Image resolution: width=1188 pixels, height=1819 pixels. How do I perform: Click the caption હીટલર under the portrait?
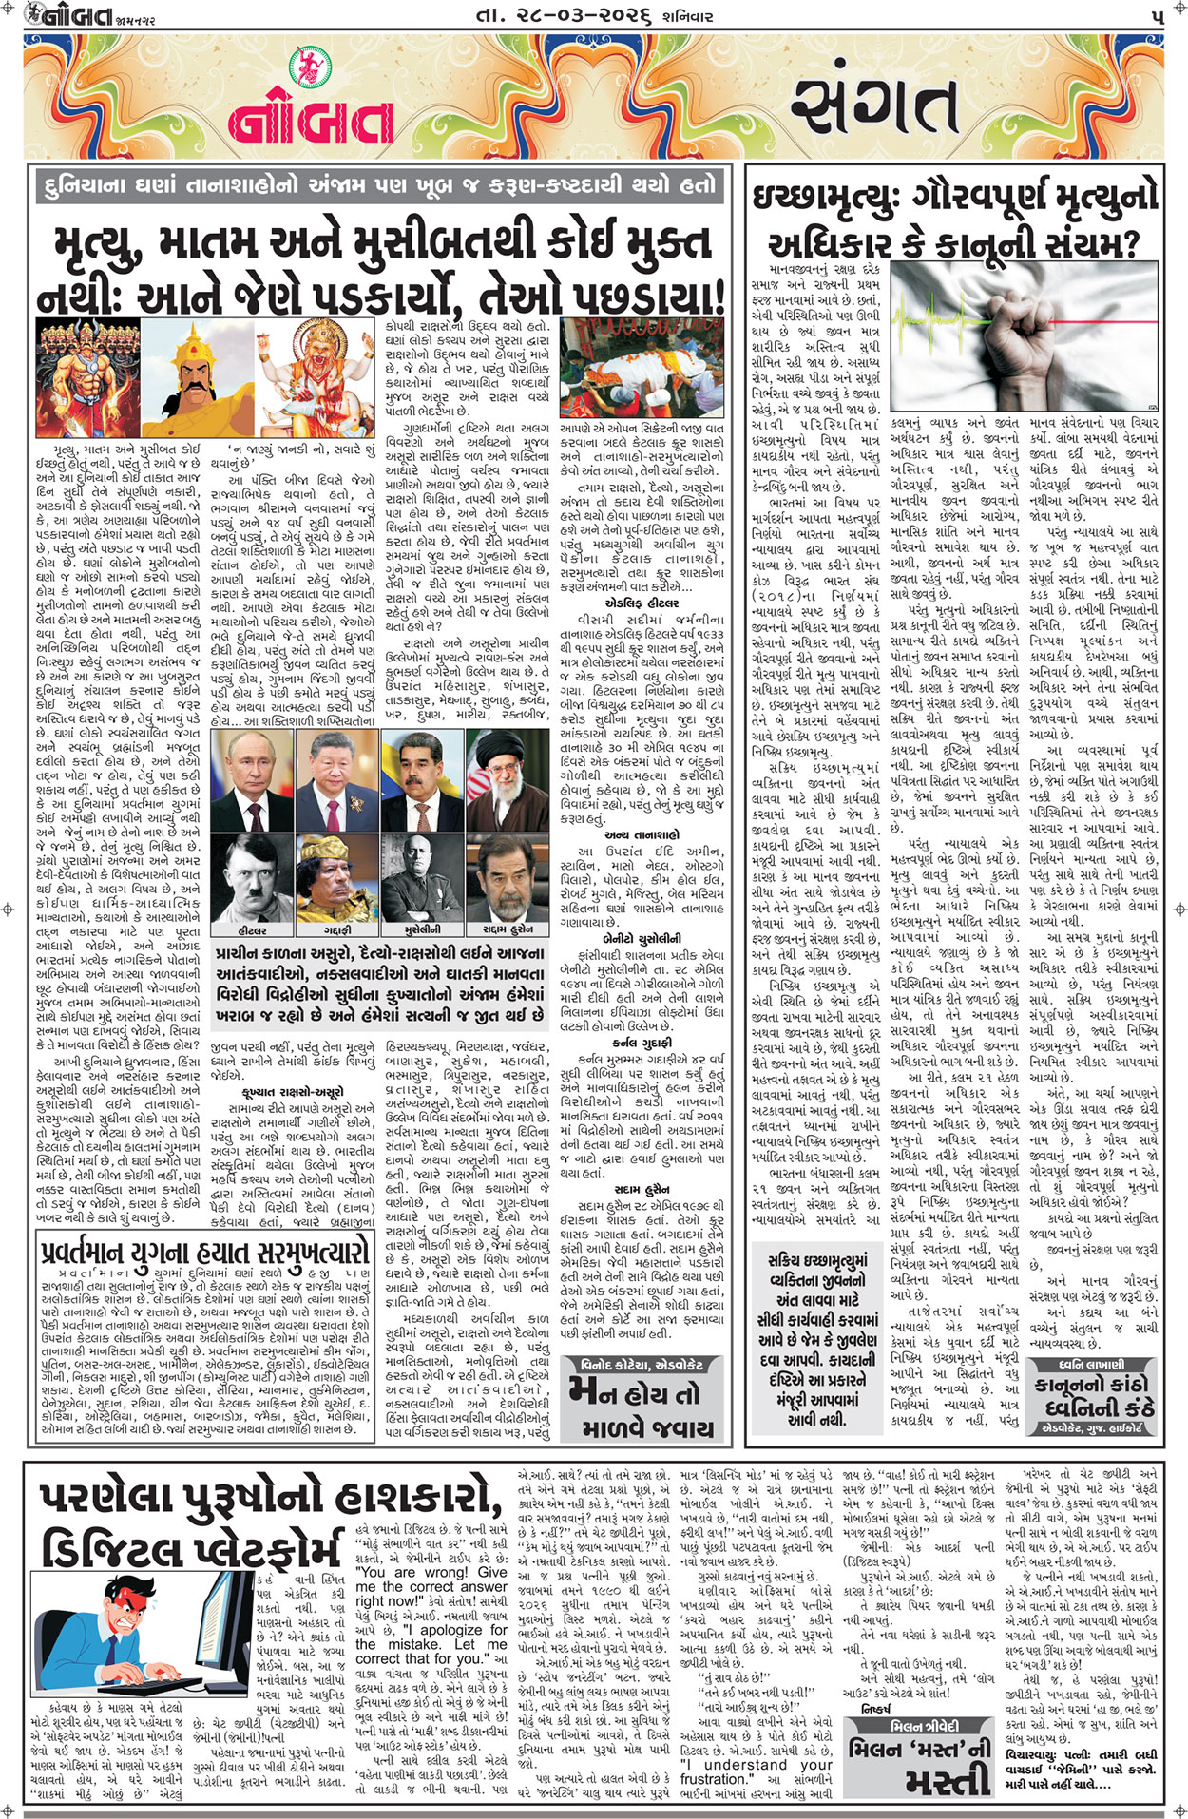point(251,929)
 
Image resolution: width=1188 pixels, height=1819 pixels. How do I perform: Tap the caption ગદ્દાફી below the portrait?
point(337,929)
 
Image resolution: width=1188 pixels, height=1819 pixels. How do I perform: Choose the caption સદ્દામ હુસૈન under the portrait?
point(508,929)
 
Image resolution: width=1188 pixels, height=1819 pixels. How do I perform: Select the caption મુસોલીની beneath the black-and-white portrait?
point(423,929)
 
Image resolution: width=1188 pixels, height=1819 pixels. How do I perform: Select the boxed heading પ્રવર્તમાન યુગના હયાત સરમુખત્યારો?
point(201,1252)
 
